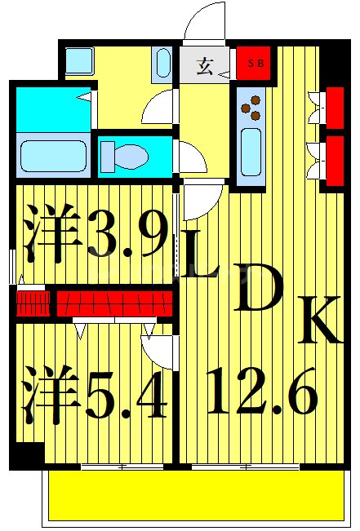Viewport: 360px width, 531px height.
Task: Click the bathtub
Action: click(x=52, y=155)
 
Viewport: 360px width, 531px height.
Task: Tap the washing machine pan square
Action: click(x=80, y=60)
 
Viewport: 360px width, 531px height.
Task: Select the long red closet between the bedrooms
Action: click(x=114, y=303)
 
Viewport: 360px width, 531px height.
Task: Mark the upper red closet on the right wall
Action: click(x=334, y=107)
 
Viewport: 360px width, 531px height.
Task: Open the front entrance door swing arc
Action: click(x=204, y=20)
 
